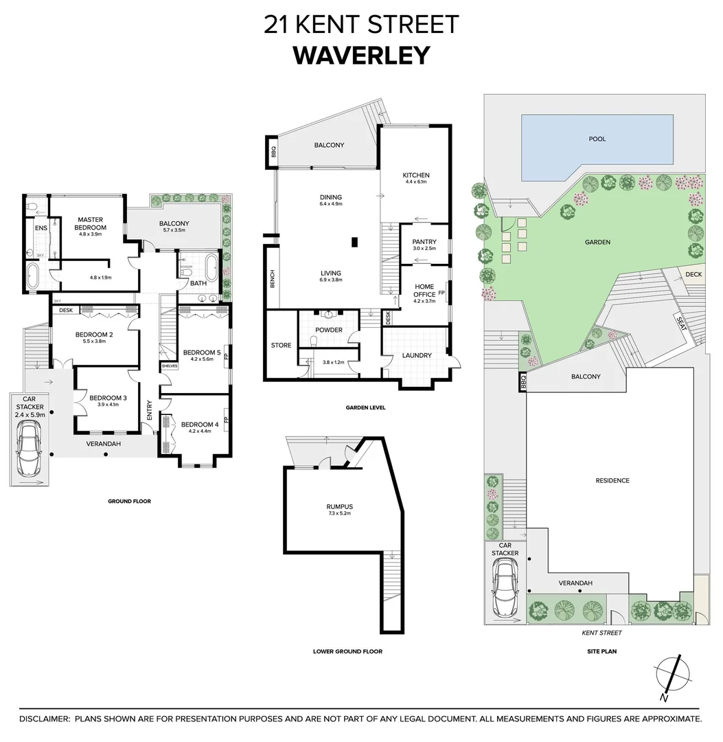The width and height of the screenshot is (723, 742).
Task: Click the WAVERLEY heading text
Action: click(361, 55)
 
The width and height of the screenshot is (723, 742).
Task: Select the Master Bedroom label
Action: click(91, 223)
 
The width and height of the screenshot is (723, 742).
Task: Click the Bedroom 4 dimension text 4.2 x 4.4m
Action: click(200, 431)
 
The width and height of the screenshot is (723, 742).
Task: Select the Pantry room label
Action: click(424, 242)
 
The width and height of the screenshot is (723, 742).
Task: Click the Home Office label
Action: click(424, 290)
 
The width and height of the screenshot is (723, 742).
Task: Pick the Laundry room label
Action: click(417, 355)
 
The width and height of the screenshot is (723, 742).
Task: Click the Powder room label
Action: click(329, 330)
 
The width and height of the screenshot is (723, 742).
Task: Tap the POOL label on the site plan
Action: click(597, 139)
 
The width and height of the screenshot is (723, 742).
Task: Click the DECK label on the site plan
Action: click(693, 274)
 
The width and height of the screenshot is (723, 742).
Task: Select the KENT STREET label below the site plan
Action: click(601, 633)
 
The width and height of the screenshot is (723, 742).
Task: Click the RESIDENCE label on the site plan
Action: click(612, 480)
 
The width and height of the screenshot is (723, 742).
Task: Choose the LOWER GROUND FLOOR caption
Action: click(347, 651)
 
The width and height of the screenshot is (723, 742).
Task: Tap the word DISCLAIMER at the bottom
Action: click(44, 719)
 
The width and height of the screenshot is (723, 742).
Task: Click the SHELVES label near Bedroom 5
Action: click(169, 366)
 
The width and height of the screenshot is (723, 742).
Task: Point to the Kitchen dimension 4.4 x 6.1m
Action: click(416, 182)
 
